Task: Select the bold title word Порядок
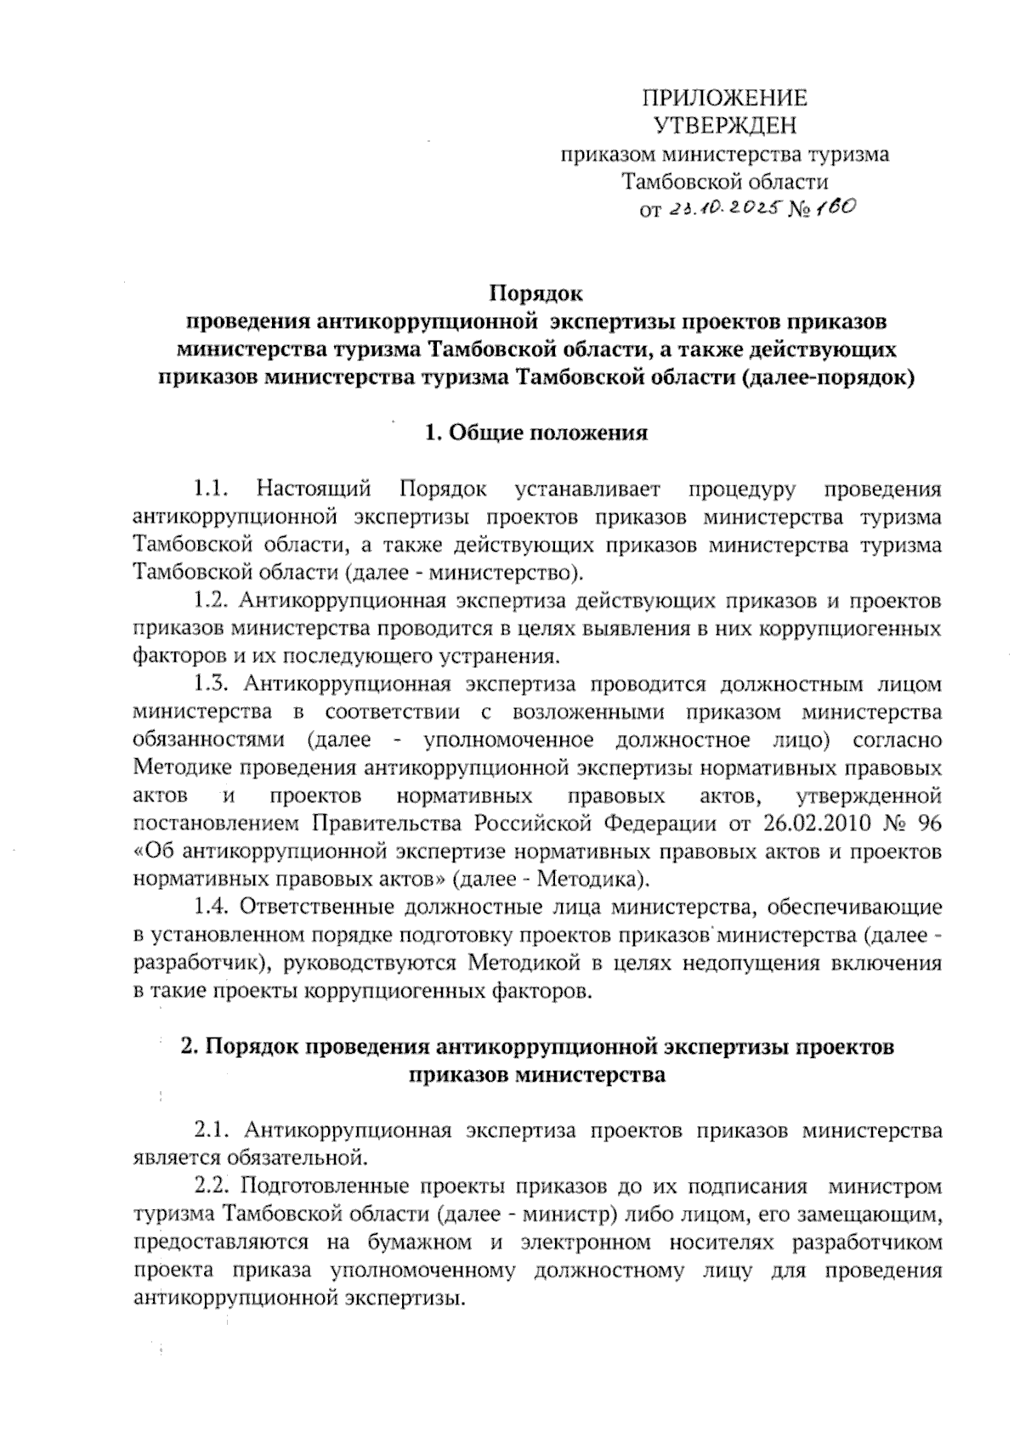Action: [535, 294]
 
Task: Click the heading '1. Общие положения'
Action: [535, 433]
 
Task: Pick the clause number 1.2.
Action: [212, 601]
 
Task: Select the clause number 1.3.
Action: [212, 684]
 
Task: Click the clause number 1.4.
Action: [212, 907]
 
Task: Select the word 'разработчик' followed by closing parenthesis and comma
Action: [195, 964]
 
